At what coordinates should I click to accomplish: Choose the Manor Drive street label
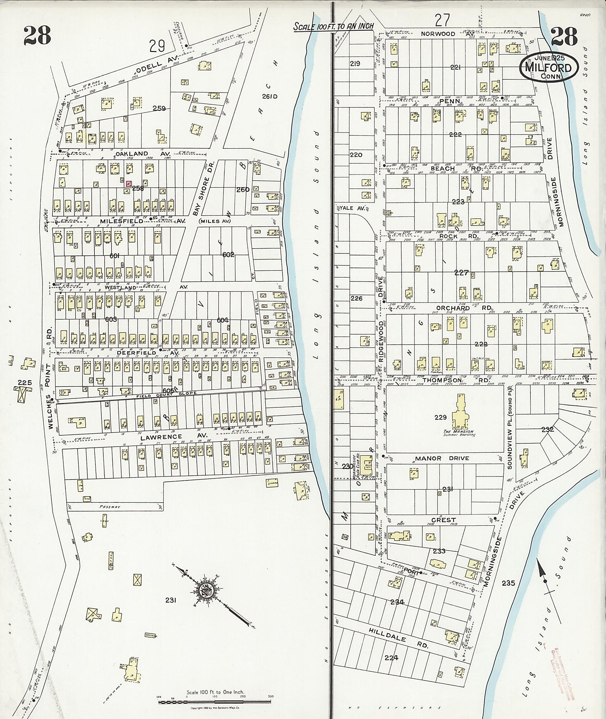tap(442, 458)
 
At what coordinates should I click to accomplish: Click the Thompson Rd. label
tap(456, 380)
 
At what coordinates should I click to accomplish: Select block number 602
tap(228, 255)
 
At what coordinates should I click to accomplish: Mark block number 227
tap(461, 273)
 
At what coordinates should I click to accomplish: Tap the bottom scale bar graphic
tap(215, 701)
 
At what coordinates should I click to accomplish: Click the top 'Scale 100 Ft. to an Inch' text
tap(334, 26)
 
